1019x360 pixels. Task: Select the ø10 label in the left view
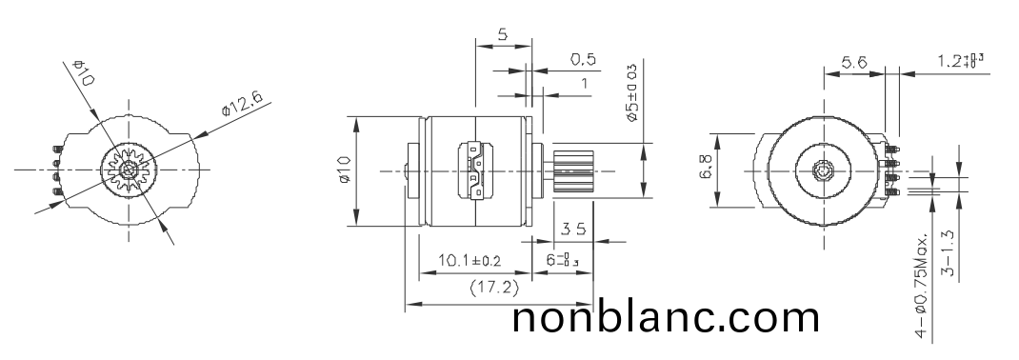82,73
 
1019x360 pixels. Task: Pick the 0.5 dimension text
583,59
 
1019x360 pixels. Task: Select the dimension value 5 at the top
502,34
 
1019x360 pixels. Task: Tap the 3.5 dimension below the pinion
573,229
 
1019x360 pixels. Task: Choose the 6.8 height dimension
705,172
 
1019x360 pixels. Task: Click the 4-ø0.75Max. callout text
921,286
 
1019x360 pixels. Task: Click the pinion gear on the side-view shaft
571,171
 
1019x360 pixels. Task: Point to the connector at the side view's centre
476,171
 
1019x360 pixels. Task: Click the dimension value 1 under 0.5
583,83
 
